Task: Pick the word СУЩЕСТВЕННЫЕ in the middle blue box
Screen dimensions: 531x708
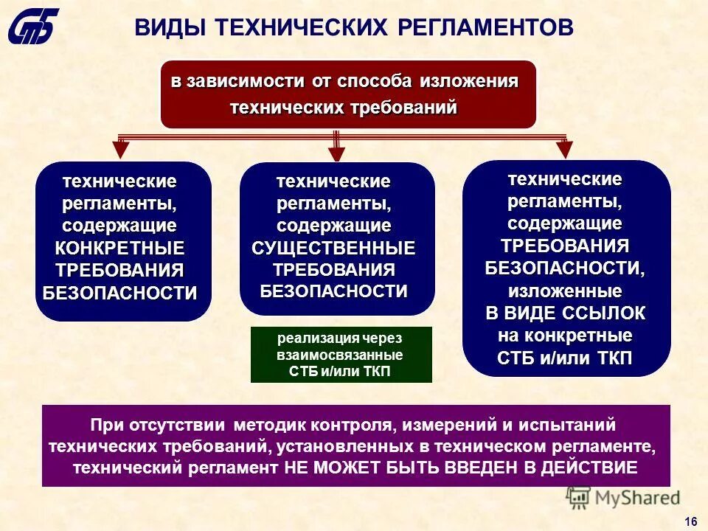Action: [333, 248]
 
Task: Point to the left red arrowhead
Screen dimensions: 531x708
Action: [122, 150]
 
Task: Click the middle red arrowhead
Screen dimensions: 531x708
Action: [336, 153]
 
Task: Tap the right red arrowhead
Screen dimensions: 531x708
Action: [564, 150]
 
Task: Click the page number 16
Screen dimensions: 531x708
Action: [691, 521]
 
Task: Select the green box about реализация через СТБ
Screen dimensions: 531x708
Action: [341, 355]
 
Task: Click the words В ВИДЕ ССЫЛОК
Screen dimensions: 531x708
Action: [566, 313]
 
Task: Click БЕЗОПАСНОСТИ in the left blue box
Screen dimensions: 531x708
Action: [120, 293]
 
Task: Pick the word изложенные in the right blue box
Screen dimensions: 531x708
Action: [566, 290]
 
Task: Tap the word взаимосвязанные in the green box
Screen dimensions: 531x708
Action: [341, 355]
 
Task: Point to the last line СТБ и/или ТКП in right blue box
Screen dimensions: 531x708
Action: [566, 358]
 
